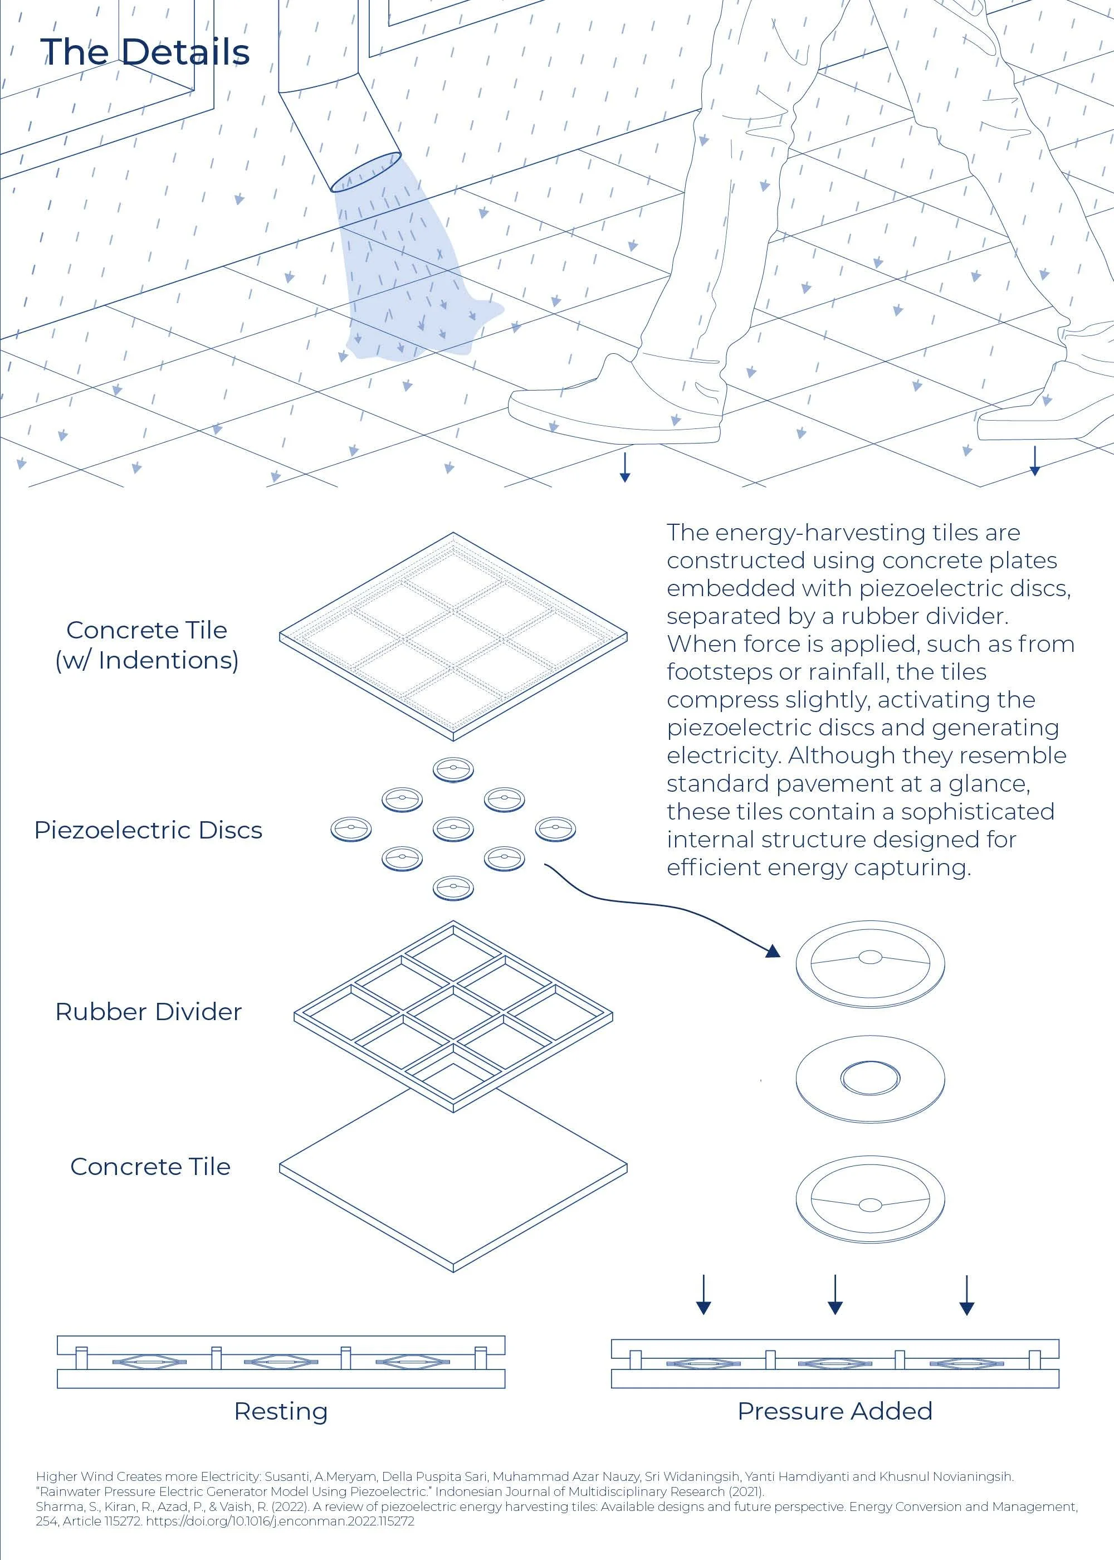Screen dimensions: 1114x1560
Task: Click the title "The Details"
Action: [x=145, y=51]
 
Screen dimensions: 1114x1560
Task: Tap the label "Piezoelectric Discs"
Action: [x=148, y=830]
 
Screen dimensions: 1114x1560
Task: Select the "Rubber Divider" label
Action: [x=148, y=1012]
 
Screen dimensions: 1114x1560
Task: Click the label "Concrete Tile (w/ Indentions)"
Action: [x=147, y=645]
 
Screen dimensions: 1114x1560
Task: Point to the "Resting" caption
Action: [x=281, y=1412]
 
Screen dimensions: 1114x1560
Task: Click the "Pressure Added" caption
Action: [x=835, y=1411]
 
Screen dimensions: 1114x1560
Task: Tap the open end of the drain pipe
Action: [x=365, y=172]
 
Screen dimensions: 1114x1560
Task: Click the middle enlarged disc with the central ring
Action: [x=870, y=1079]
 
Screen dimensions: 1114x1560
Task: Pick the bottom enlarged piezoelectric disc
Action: [x=870, y=1199]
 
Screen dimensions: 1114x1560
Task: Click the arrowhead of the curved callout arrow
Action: [x=773, y=951]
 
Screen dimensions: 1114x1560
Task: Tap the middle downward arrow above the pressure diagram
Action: [x=835, y=1294]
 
